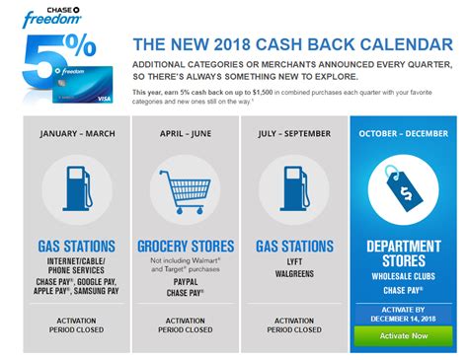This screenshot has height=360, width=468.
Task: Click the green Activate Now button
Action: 404,336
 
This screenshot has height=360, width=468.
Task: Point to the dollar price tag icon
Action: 404,189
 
